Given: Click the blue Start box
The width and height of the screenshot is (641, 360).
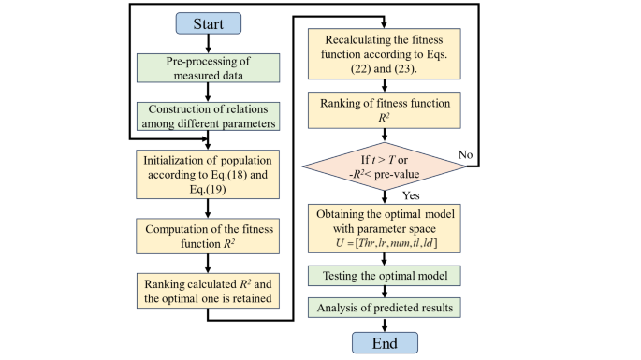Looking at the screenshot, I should click(207, 22).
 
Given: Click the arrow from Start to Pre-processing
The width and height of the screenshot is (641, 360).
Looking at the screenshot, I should click(207, 43).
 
